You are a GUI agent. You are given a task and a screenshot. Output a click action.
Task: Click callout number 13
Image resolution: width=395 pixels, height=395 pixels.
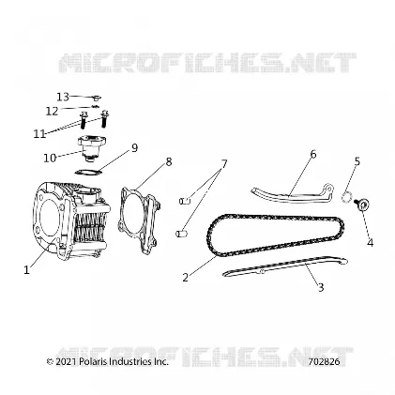point(63,97)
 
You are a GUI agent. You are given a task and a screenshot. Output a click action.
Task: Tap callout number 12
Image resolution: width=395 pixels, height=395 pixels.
point(52,111)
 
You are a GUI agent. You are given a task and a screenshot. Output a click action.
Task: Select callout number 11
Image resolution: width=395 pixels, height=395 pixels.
point(39,134)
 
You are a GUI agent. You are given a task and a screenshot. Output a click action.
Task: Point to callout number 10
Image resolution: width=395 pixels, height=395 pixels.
point(50,158)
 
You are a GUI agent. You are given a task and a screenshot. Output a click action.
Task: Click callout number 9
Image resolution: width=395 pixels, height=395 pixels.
point(134,148)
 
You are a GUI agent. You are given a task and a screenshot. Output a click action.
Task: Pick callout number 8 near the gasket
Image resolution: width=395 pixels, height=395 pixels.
point(169,162)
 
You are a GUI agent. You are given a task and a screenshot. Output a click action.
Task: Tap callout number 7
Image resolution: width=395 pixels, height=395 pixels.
point(224,163)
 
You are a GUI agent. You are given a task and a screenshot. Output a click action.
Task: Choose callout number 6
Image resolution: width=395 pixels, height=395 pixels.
point(313,154)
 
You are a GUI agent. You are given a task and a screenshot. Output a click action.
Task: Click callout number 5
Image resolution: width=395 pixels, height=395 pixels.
point(357,161)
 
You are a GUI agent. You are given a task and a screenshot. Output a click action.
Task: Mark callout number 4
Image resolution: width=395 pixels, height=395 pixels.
point(371,242)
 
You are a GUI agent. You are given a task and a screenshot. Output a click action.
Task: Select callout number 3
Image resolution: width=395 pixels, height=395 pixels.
point(321,287)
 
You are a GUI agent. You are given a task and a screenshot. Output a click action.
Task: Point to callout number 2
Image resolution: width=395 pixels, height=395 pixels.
point(186,277)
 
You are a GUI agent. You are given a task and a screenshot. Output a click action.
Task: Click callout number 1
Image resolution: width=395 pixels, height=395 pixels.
point(27,270)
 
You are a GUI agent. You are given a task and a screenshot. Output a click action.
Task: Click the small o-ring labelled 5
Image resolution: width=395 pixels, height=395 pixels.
point(346,198)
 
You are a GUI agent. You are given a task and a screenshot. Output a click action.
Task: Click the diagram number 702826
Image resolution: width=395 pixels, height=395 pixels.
point(324,362)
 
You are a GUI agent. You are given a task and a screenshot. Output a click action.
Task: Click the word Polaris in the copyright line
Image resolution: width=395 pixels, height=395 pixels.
point(91,362)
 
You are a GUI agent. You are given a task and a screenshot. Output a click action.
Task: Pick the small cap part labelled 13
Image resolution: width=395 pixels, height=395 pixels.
point(97,98)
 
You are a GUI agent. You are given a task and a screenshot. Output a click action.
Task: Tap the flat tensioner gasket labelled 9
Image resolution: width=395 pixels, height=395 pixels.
point(89,172)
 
